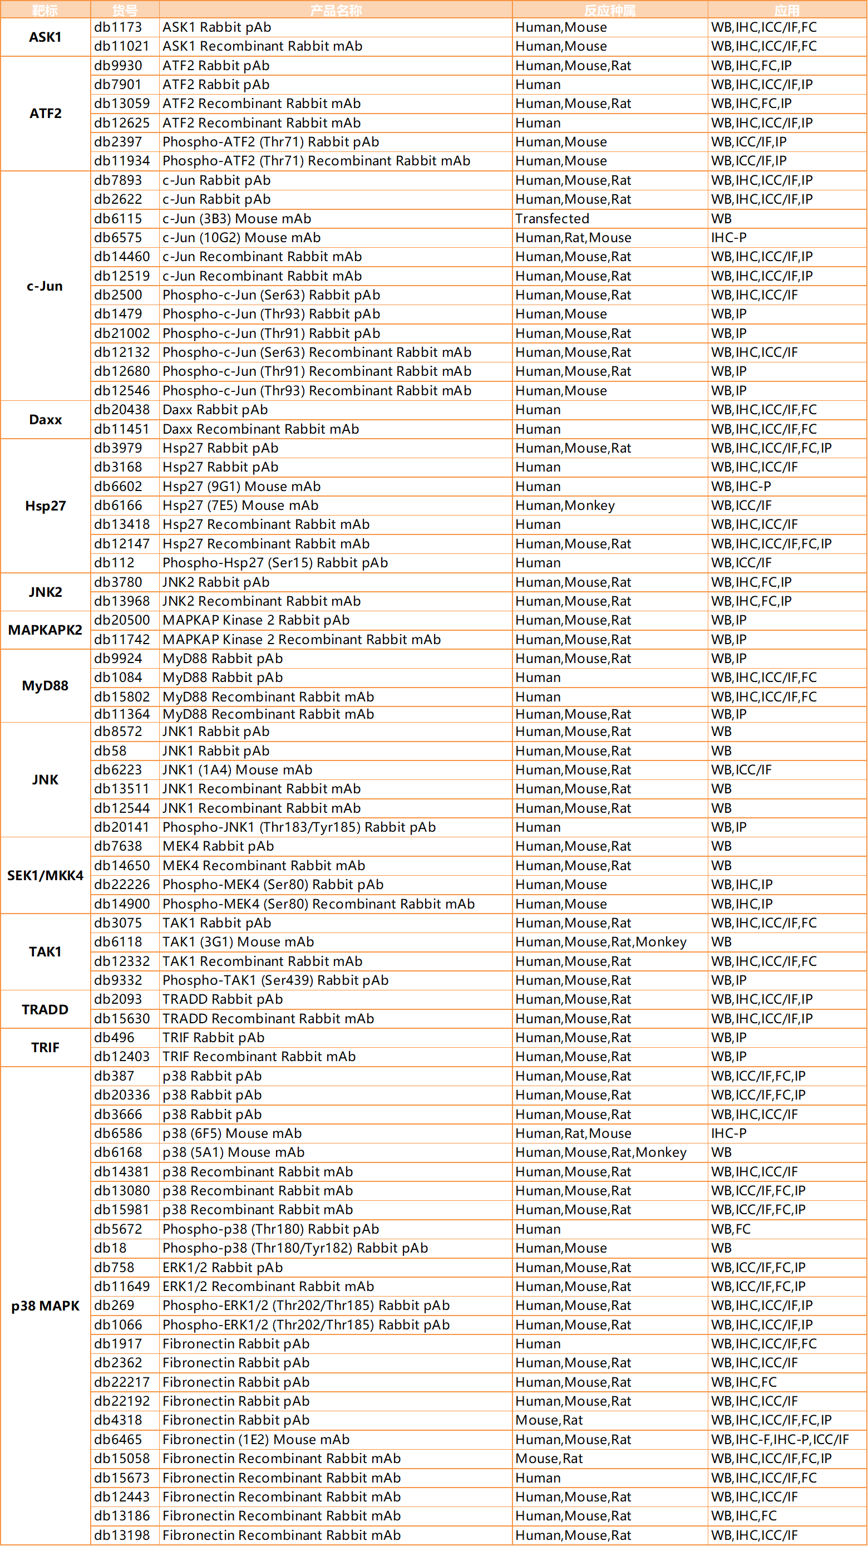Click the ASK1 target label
[x=45, y=37]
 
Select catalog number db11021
[x=122, y=46]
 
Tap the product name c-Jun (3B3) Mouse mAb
[x=236, y=218]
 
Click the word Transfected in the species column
[x=552, y=218]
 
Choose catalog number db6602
[x=118, y=486]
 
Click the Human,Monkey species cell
[x=564, y=505]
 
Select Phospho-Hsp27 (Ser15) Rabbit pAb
[x=275, y=563]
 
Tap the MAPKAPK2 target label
[x=45, y=630]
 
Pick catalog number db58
[x=110, y=751]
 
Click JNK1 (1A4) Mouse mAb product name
[x=237, y=770]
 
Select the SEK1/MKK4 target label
[x=45, y=876]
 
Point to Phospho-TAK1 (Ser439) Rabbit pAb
[x=275, y=980]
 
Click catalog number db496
[x=114, y=1038]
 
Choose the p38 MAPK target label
[x=45, y=1306]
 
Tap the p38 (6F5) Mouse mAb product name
[x=231, y=1133]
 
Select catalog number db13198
[x=122, y=1535]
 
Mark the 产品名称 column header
[x=336, y=10]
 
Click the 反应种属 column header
[x=609, y=10]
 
